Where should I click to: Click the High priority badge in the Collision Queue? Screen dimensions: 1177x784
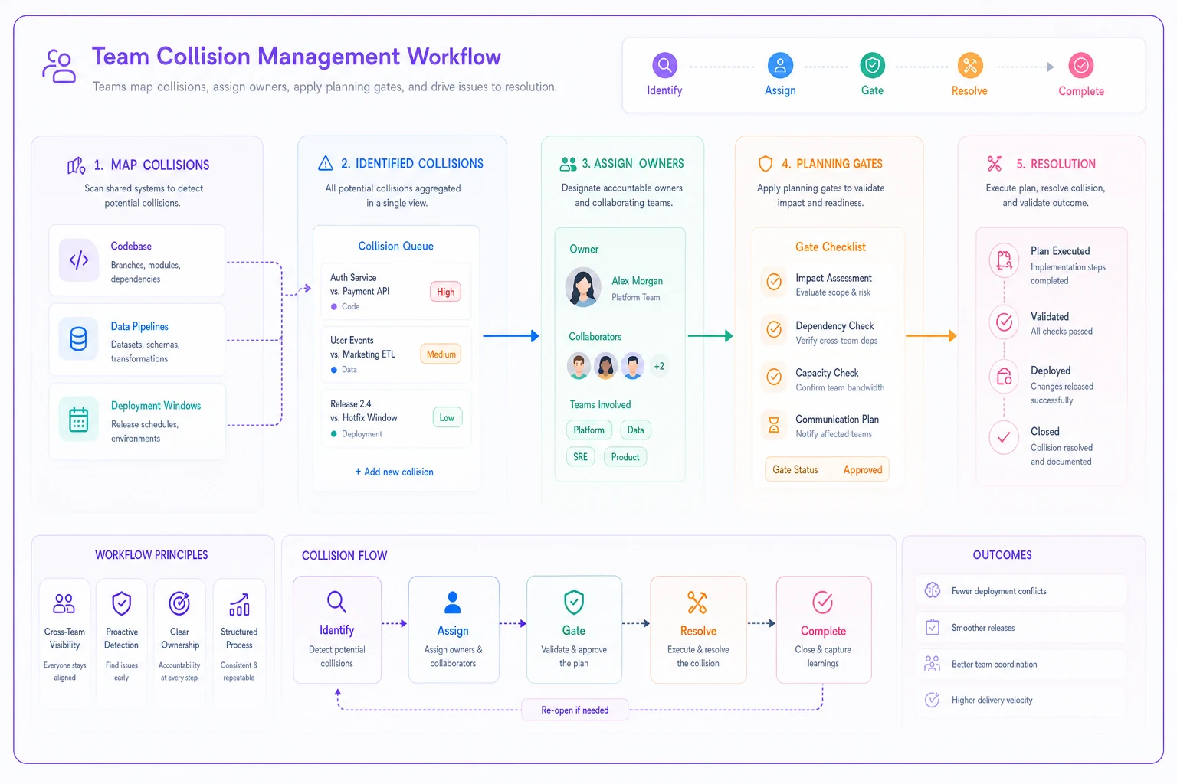(445, 292)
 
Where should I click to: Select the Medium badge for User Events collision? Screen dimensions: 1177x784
(441, 354)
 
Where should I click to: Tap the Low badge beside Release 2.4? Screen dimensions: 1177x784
(447, 417)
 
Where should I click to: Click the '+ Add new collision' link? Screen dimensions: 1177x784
(394, 472)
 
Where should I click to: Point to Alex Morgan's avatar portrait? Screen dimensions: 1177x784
(582, 287)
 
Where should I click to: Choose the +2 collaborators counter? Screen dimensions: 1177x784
(659, 366)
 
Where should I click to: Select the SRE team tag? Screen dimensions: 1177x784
(580, 457)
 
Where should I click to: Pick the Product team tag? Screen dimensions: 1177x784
(625, 457)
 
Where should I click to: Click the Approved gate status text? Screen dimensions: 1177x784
(862, 469)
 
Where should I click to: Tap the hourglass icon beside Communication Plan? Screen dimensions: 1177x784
(773, 424)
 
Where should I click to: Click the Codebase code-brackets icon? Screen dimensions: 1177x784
(79, 260)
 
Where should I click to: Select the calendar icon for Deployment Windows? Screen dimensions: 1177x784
(78, 419)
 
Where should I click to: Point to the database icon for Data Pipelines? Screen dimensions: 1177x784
(78, 339)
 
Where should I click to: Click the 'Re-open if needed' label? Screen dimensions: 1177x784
(575, 710)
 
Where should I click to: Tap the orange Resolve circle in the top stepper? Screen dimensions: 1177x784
(969, 66)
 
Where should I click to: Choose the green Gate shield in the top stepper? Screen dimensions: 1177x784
(872, 65)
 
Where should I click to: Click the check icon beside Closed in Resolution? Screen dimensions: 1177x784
(1004, 437)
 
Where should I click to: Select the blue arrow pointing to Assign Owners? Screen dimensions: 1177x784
(511, 335)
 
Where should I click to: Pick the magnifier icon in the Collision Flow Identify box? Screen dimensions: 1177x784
(336, 602)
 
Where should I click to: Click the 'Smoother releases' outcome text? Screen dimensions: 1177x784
(982, 628)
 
